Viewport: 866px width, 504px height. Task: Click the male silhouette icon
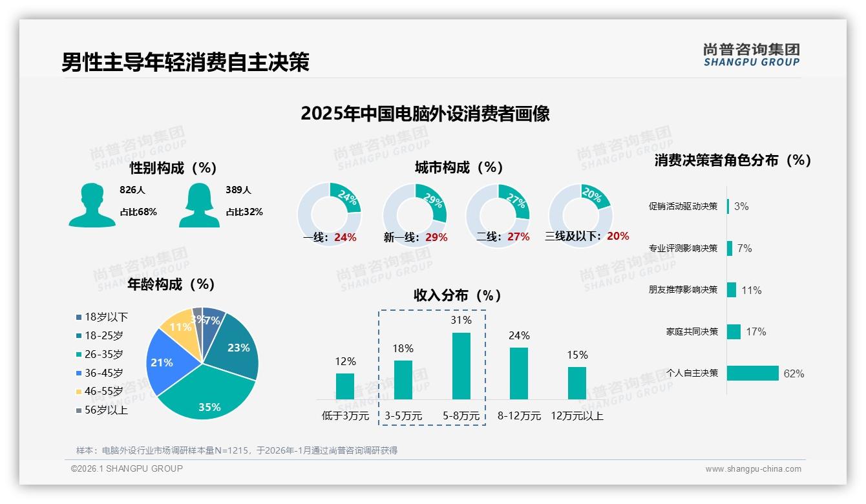point(92,205)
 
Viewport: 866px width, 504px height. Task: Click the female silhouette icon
point(199,205)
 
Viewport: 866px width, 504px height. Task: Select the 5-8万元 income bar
point(461,366)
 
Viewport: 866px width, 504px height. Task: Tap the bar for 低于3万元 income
point(345,386)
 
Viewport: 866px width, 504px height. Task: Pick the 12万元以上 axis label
point(576,416)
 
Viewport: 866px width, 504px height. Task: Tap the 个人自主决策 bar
point(752,373)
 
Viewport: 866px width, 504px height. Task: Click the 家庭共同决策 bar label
point(692,331)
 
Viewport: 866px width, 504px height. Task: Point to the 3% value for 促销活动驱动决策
point(741,206)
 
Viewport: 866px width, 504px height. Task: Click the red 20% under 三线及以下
point(617,236)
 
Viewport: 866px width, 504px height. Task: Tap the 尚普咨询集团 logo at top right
point(751,55)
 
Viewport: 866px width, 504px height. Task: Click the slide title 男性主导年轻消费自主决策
point(185,62)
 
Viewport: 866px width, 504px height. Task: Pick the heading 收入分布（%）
point(458,295)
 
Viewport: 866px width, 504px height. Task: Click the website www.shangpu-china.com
point(753,469)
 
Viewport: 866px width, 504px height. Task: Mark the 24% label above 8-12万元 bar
point(518,335)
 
